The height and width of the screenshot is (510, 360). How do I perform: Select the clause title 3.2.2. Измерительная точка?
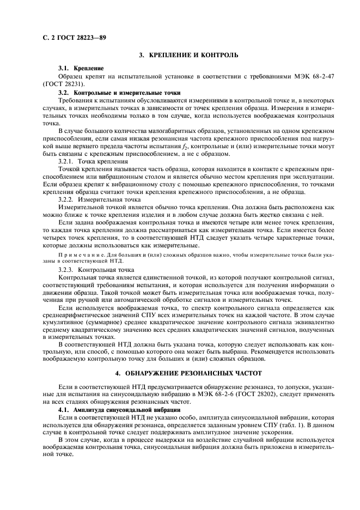[x=99, y=200]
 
